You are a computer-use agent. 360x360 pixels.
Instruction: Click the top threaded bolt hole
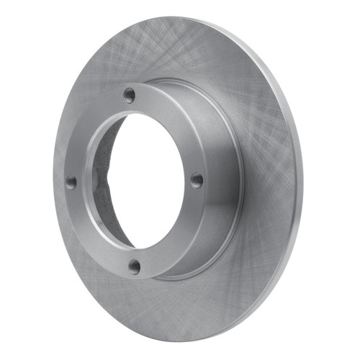tap(129, 94)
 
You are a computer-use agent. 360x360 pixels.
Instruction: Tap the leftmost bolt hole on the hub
tap(71, 183)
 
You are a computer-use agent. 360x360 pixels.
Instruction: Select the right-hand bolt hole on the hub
tap(196, 180)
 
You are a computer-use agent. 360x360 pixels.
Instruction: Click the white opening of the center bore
tap(148, 180)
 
